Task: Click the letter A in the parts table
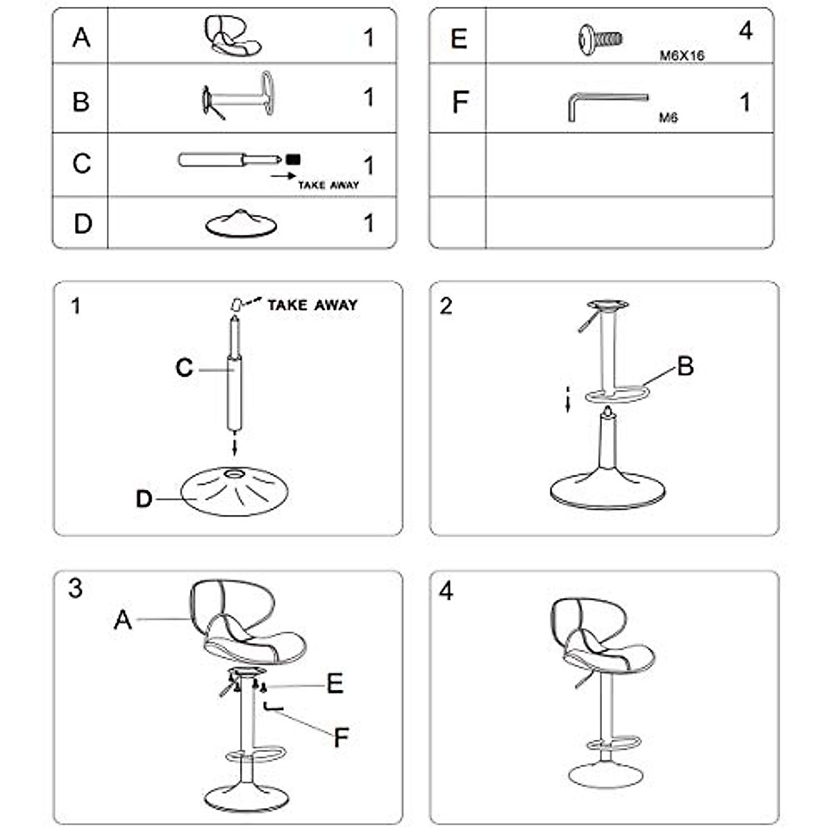(81, 37)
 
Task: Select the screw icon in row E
(599, 38)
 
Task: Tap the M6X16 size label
(682, 56)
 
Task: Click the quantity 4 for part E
(746, 31)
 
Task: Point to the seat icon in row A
(232, 36)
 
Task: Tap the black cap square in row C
(293, 159)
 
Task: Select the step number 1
(76, 305)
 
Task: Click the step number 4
(446, 591)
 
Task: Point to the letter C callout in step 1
(184, 367)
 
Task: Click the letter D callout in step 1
(144, 498)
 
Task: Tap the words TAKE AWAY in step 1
(312, 305)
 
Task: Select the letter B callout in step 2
(684, 366)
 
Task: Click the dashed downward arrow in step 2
(568, 398)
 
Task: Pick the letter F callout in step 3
(340, 737)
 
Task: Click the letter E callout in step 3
(335, 684)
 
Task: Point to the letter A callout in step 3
(122, 619)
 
